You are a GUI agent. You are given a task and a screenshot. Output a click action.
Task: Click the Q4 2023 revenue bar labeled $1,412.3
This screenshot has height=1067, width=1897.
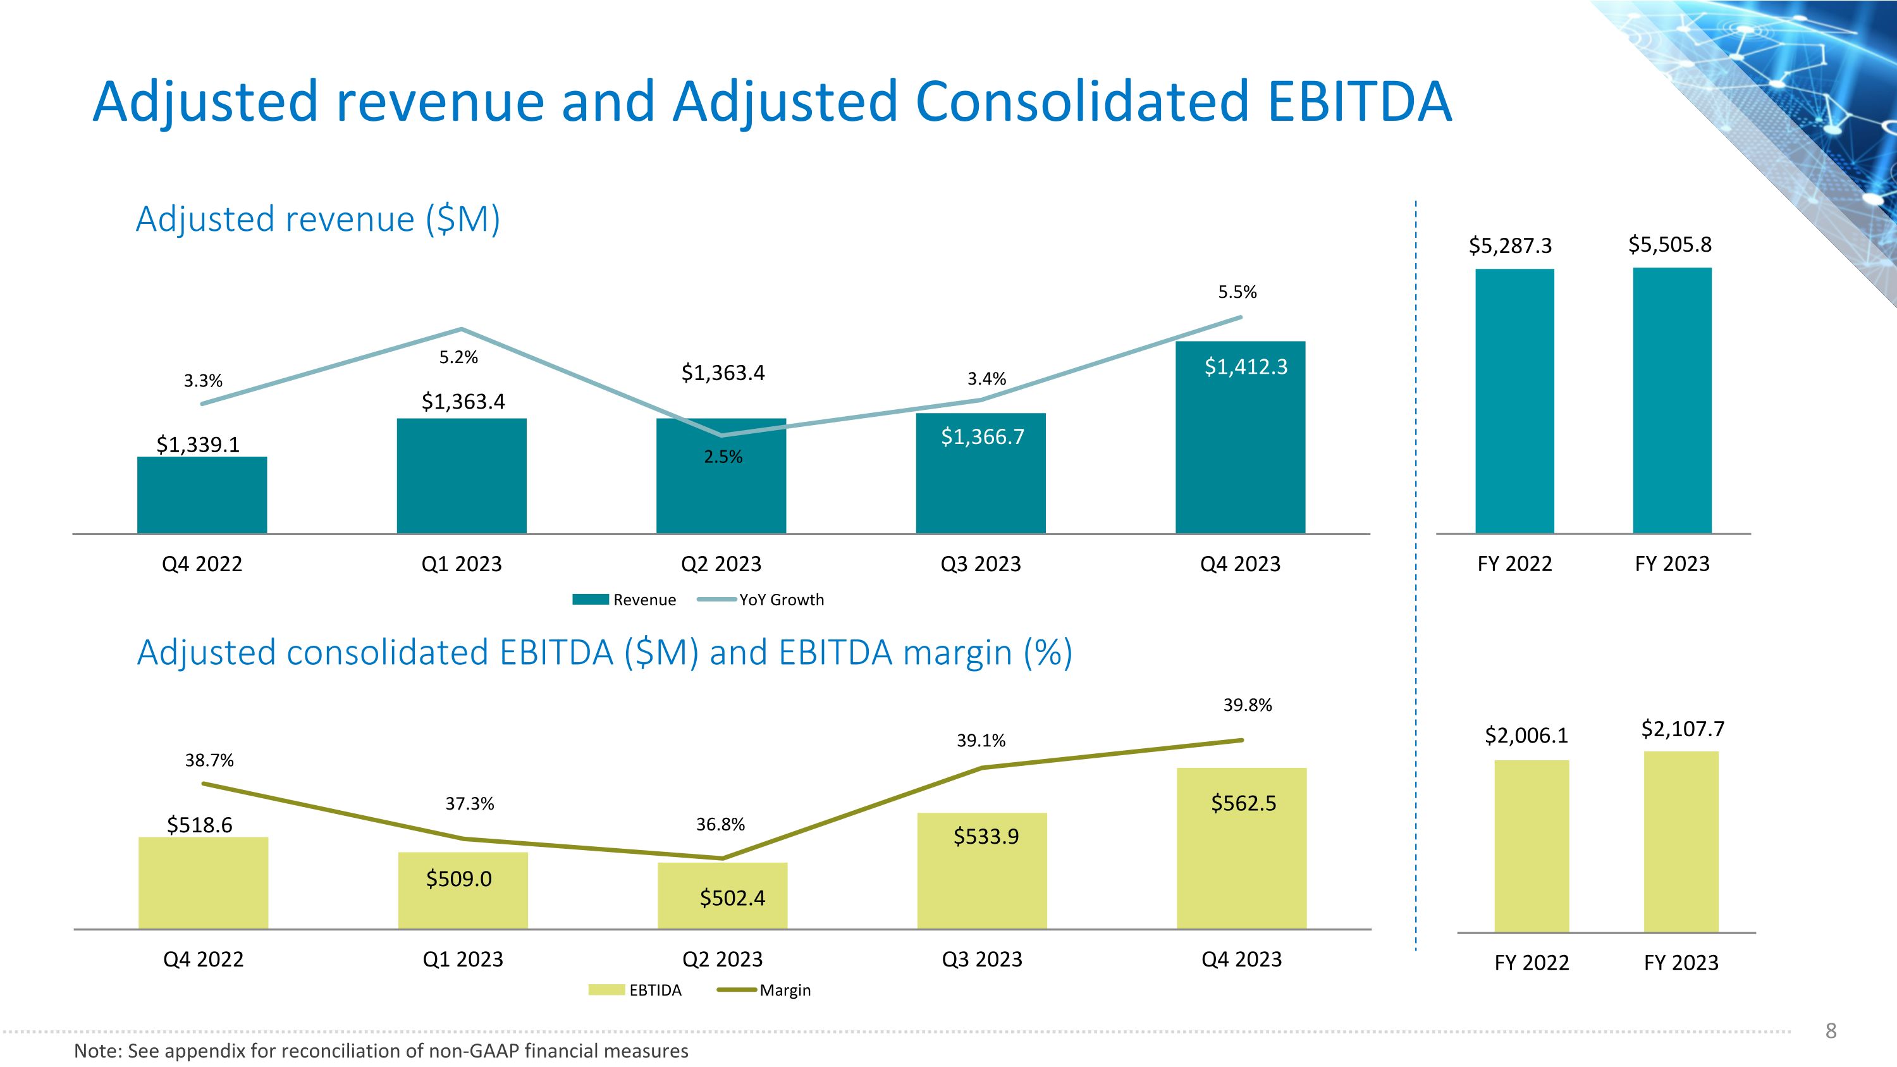1240,438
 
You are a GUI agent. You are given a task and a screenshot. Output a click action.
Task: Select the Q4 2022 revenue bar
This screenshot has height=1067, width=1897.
202,495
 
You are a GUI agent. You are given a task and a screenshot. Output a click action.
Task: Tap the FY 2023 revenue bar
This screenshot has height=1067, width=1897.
1673,400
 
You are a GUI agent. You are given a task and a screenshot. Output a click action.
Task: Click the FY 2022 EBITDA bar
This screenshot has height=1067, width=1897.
1532,846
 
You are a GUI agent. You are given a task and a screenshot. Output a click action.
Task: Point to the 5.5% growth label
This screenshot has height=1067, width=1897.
1237,292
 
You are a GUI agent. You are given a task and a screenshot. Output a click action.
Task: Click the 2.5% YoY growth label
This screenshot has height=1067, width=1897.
723,457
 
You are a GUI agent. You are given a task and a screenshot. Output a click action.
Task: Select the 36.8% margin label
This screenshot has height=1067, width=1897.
720,825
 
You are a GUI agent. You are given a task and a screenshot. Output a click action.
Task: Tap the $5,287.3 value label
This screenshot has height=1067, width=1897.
1511,246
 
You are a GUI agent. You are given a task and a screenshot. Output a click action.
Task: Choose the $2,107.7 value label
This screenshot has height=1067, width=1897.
1683,729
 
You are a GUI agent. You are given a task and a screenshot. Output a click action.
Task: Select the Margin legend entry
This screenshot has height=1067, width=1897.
764,990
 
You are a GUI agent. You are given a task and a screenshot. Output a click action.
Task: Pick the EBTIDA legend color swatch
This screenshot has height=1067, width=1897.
606,990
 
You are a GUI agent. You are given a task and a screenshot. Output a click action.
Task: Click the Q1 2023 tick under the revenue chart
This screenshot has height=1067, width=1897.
461,564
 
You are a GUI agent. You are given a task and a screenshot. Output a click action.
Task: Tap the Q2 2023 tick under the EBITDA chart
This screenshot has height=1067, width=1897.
722,959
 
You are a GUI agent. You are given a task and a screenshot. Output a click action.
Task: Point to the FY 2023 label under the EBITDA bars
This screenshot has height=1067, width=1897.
1681,963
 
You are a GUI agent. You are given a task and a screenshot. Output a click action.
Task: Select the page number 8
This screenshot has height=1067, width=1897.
1831,1031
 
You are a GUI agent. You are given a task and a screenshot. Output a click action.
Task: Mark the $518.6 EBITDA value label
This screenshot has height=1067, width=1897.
200,825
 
